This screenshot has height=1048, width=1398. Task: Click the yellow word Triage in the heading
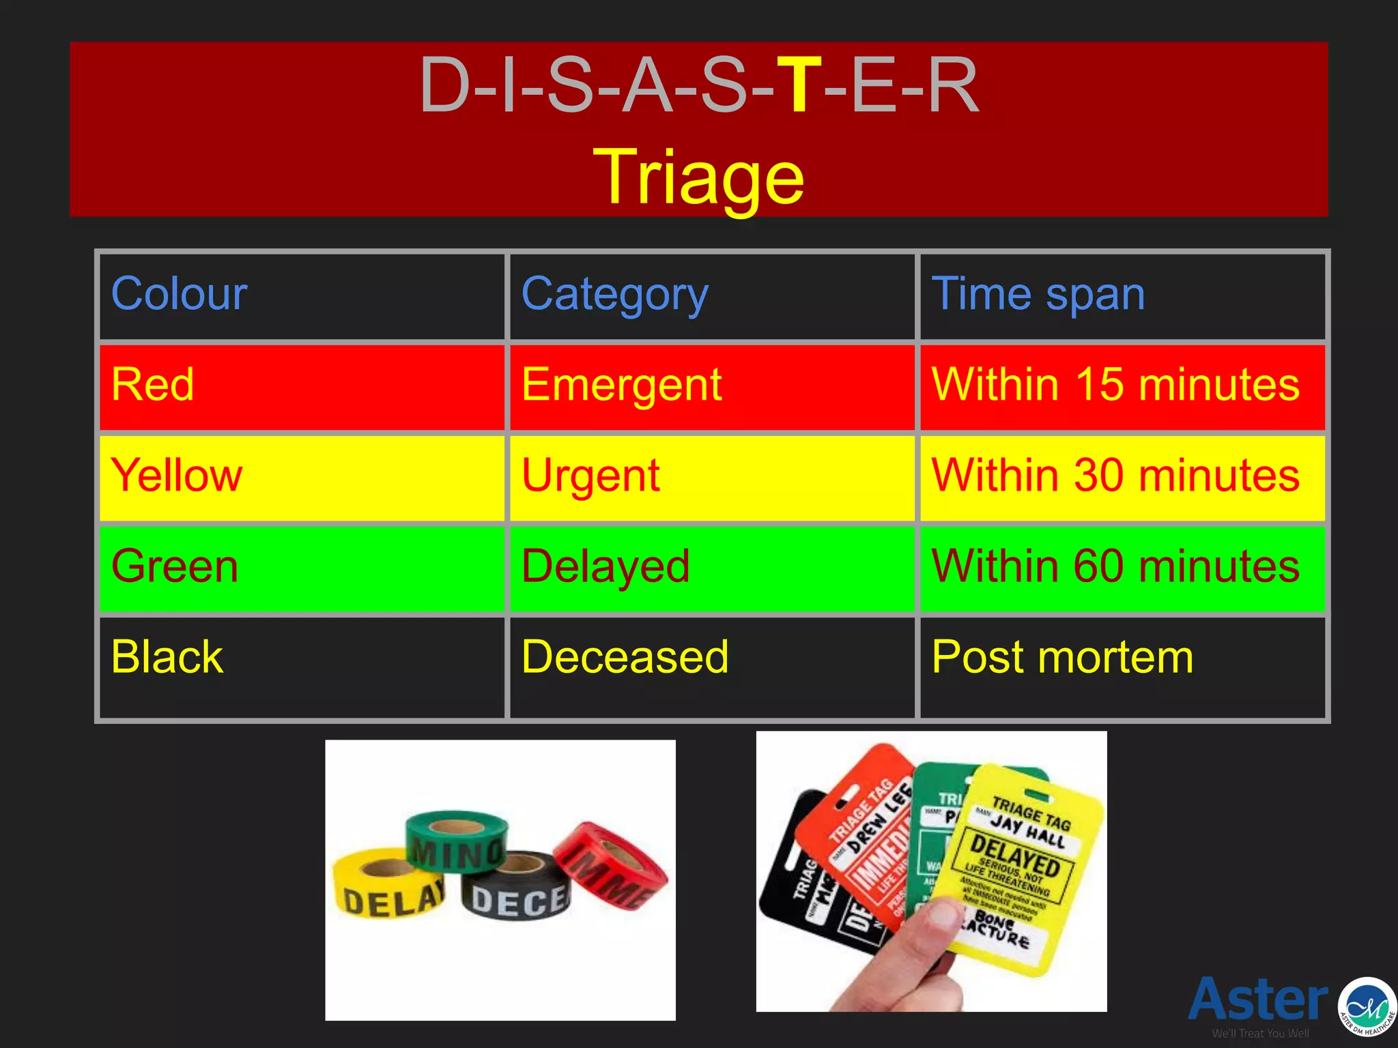pyautogui.click(x=698, y=178)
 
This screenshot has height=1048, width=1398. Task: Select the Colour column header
pyautogui.click(x=180, y=294)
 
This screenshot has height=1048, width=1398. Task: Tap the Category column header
pyautogui.click(x=614, y=294)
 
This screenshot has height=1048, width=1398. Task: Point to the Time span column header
pyautogui.click(x=1038, y=294)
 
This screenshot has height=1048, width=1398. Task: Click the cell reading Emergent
pyautogui.click(x=621, y=385)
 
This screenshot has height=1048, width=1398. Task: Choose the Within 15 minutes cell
pyautogui.click(x=1115, y=385)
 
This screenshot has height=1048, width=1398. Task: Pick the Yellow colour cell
pyautogui.click(x=177, y=476)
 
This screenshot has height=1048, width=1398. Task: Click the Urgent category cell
pyautogui.click(x=590, y=476)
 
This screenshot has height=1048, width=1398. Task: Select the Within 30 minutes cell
pyautogui.click(x=1115, y=476)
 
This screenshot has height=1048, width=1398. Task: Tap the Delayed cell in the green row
pyautogui.click(x=605, y=566)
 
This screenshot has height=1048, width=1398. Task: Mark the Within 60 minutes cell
pyautogui.click(x=1115, y=566)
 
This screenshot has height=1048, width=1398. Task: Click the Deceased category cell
pyautogui.click(x=625, y=657)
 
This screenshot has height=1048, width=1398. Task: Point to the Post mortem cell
pyautogui.click(x=1062, y=657)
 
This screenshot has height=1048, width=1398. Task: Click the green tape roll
pyautogui.click(x=456, y=843)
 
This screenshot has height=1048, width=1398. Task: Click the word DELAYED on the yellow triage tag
pyautogui.click(x=1015, y=856)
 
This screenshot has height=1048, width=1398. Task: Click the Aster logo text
pyautogui.click(x=1258, y=999)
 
